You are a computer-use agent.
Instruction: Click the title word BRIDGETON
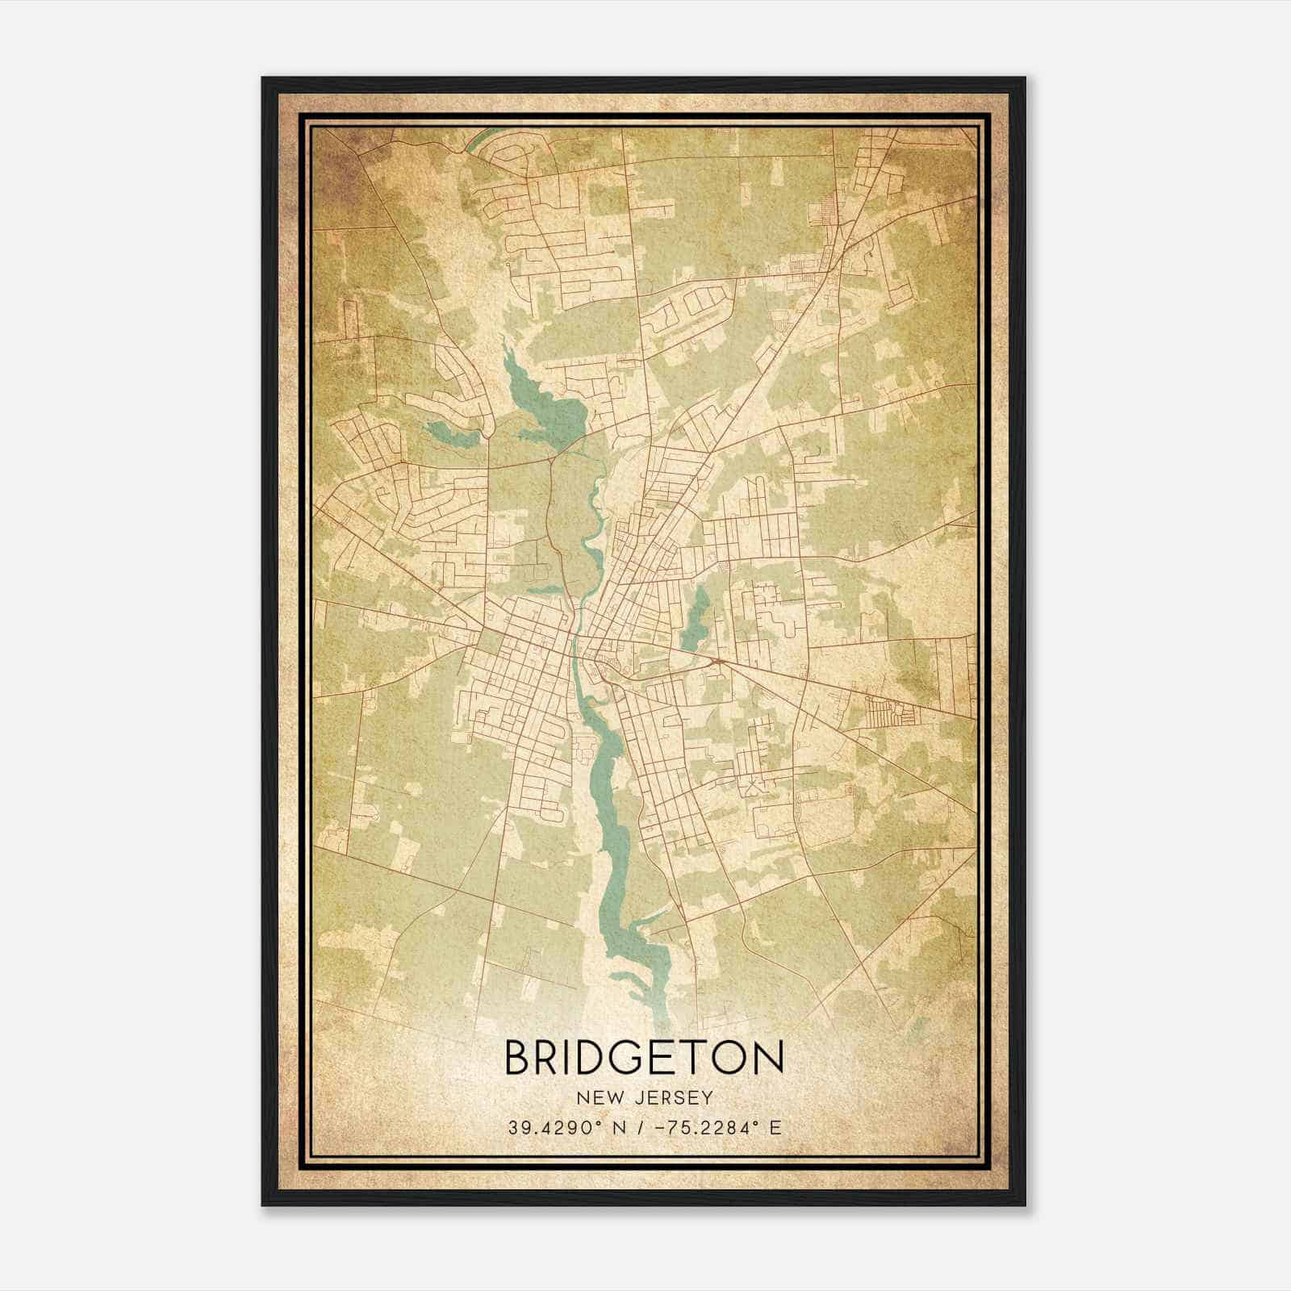point(644,1058)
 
